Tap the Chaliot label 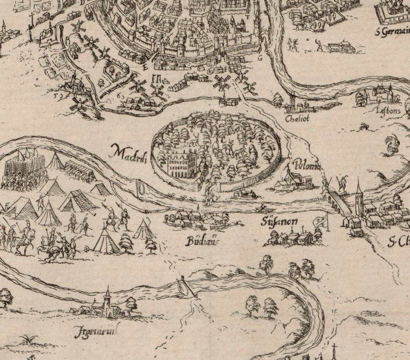pos(297,119)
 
